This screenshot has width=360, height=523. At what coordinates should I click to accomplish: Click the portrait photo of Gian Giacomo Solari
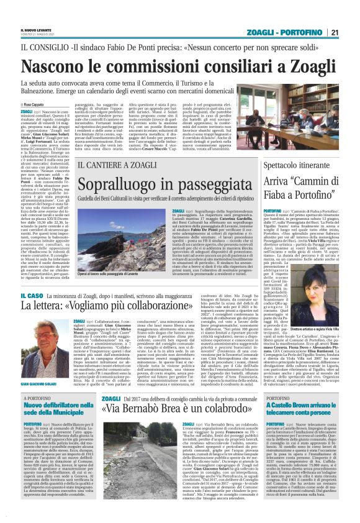tap(42, 352)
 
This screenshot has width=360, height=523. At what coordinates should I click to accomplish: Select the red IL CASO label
tap(32, 296)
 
